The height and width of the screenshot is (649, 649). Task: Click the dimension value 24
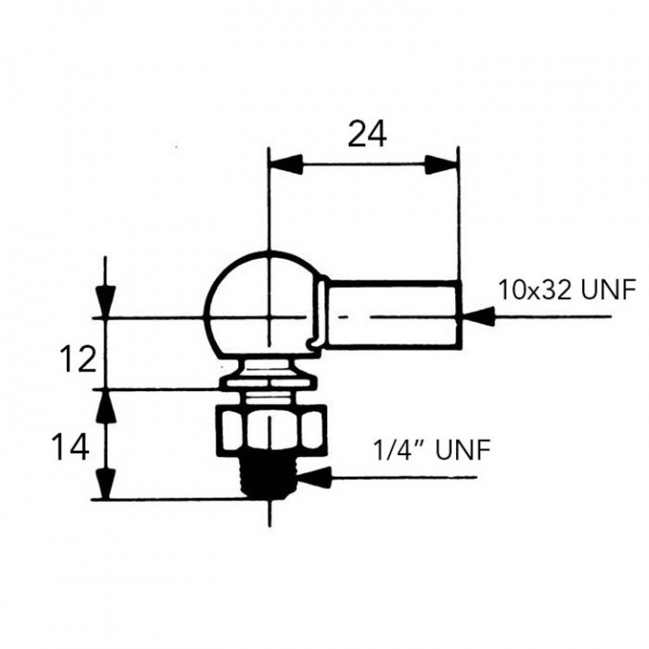[x=367, y=133]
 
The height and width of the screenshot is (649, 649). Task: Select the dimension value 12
[x=78, y=360]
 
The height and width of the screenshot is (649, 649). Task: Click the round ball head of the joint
[x=257, y=302]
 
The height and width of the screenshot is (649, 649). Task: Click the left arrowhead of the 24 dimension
[x=284, y=165]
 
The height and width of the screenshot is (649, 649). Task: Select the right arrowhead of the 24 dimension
[x=441, y=165]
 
